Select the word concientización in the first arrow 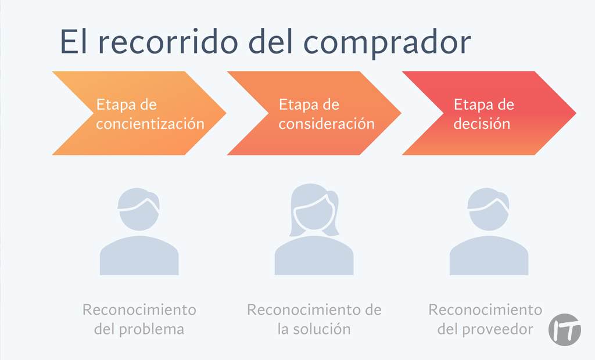[x=150, y=124]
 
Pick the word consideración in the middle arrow [x=327, y=124]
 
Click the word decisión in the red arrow [x=482, y=124]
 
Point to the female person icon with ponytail [x=314, y=229]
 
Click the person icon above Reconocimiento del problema [x=139, y=232]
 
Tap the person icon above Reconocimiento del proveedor [x=489, y=232]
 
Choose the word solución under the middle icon [x=322, y=329]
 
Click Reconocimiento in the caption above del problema [x=139, y=309]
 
